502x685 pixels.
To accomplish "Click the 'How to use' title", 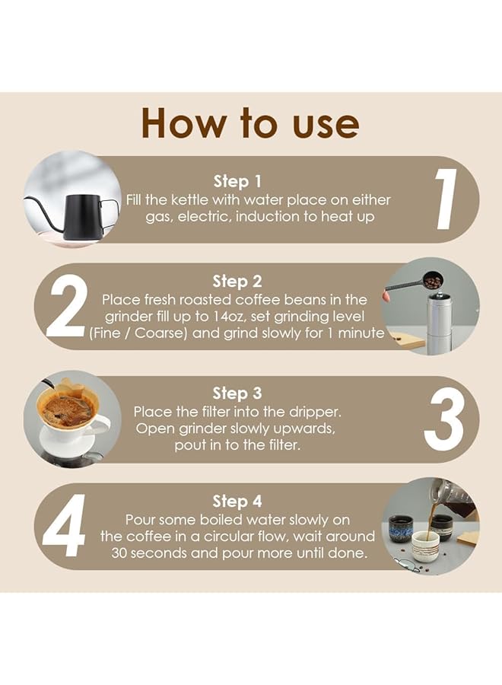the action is pos(250,123).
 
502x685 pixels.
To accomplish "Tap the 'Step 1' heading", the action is pos(237,181).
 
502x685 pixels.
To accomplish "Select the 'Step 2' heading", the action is pos(237,282).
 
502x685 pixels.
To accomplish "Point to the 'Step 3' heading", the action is pos(237,393).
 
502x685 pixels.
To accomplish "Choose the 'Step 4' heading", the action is pos(237,502).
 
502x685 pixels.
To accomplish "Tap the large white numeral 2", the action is pos(66,306).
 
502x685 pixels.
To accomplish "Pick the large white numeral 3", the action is pos(443,419).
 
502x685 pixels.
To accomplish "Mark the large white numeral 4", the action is pos(64,526).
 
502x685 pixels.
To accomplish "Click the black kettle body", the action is pos(81,217).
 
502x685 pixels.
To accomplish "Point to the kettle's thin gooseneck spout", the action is pos(43,212).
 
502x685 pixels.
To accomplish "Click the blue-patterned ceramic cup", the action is pos(399,529).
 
